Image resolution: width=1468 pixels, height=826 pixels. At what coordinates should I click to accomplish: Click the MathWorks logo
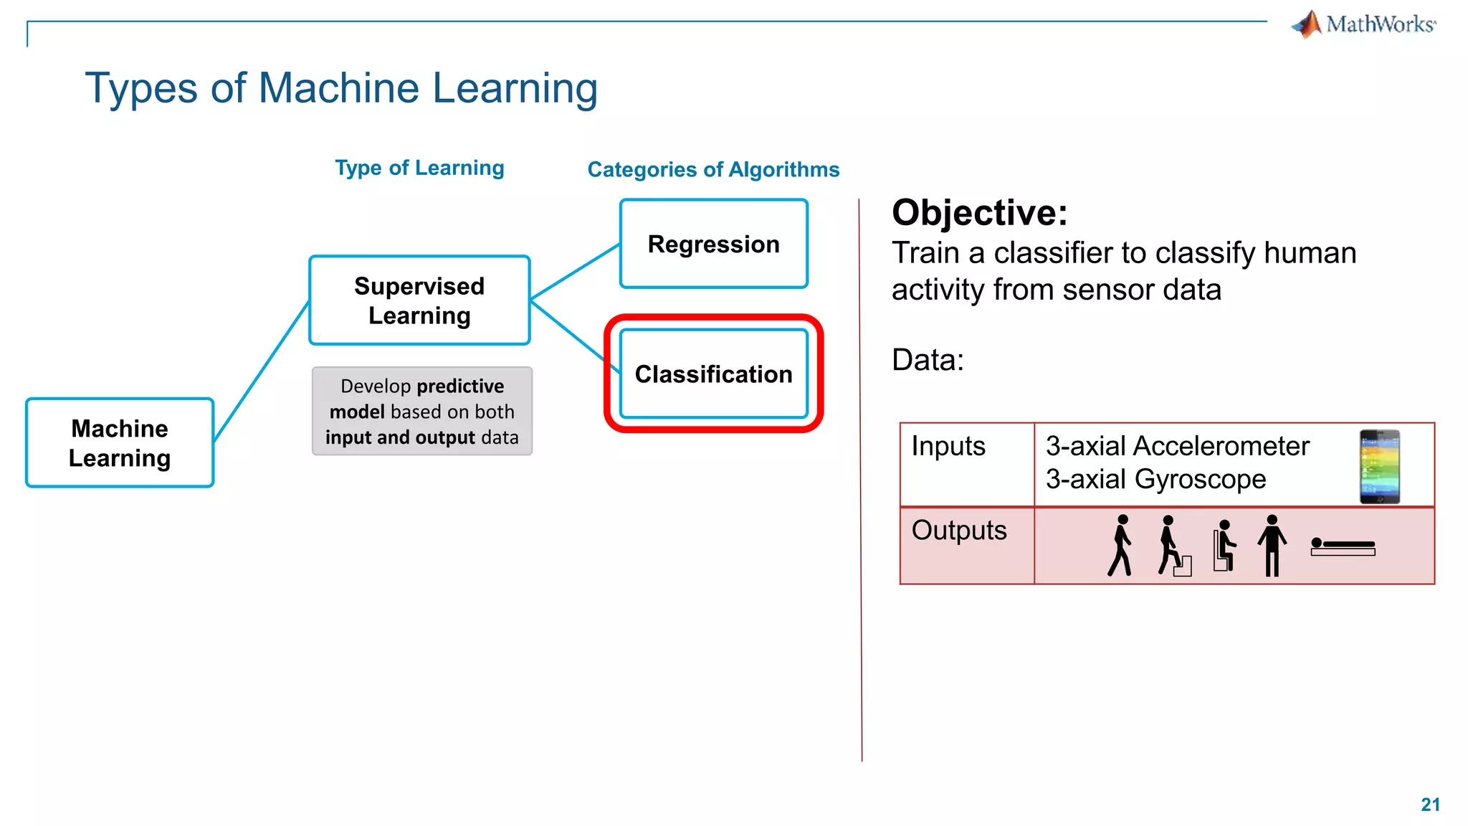[x=1363, y=24]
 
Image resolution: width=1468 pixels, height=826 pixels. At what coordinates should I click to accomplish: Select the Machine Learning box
[x=120, y=443]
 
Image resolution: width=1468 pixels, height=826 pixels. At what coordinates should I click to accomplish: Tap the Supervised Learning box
[x=419, y=300]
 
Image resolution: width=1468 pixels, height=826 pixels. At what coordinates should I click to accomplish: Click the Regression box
[x=713, y=245]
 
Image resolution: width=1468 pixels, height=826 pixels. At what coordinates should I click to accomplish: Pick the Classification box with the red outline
[x=713, y=374]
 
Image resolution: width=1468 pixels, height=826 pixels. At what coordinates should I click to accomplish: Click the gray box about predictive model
[x=422, y=412]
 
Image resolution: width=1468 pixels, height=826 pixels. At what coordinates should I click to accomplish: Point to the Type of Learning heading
[x=419, y=168]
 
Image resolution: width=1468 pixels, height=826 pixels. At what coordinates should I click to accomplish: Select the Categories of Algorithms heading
[x=713, y=170]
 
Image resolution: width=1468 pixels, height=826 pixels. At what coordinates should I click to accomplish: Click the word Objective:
[x=979, y=213]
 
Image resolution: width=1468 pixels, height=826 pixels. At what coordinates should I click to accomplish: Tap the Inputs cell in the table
[x=948, y=447]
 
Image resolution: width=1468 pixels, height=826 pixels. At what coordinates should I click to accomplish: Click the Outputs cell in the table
[x=959, y=531]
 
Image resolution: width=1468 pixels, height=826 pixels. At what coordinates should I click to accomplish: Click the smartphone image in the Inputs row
[x=1379, y=466]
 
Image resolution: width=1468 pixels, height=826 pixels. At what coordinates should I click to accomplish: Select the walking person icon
[x=1120, y=545]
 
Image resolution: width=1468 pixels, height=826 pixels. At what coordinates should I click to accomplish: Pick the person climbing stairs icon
[x=1172, y=546]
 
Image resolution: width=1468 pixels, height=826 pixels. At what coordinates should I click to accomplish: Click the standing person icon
[x=1272, y=545]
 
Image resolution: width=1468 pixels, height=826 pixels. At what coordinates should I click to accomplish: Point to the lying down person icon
[x=1343, y=547]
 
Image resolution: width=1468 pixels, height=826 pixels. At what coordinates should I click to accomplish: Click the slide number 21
[x=1430, y=804]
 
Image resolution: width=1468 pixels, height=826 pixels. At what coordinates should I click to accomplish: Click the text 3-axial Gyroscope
[x=1155, y=480]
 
